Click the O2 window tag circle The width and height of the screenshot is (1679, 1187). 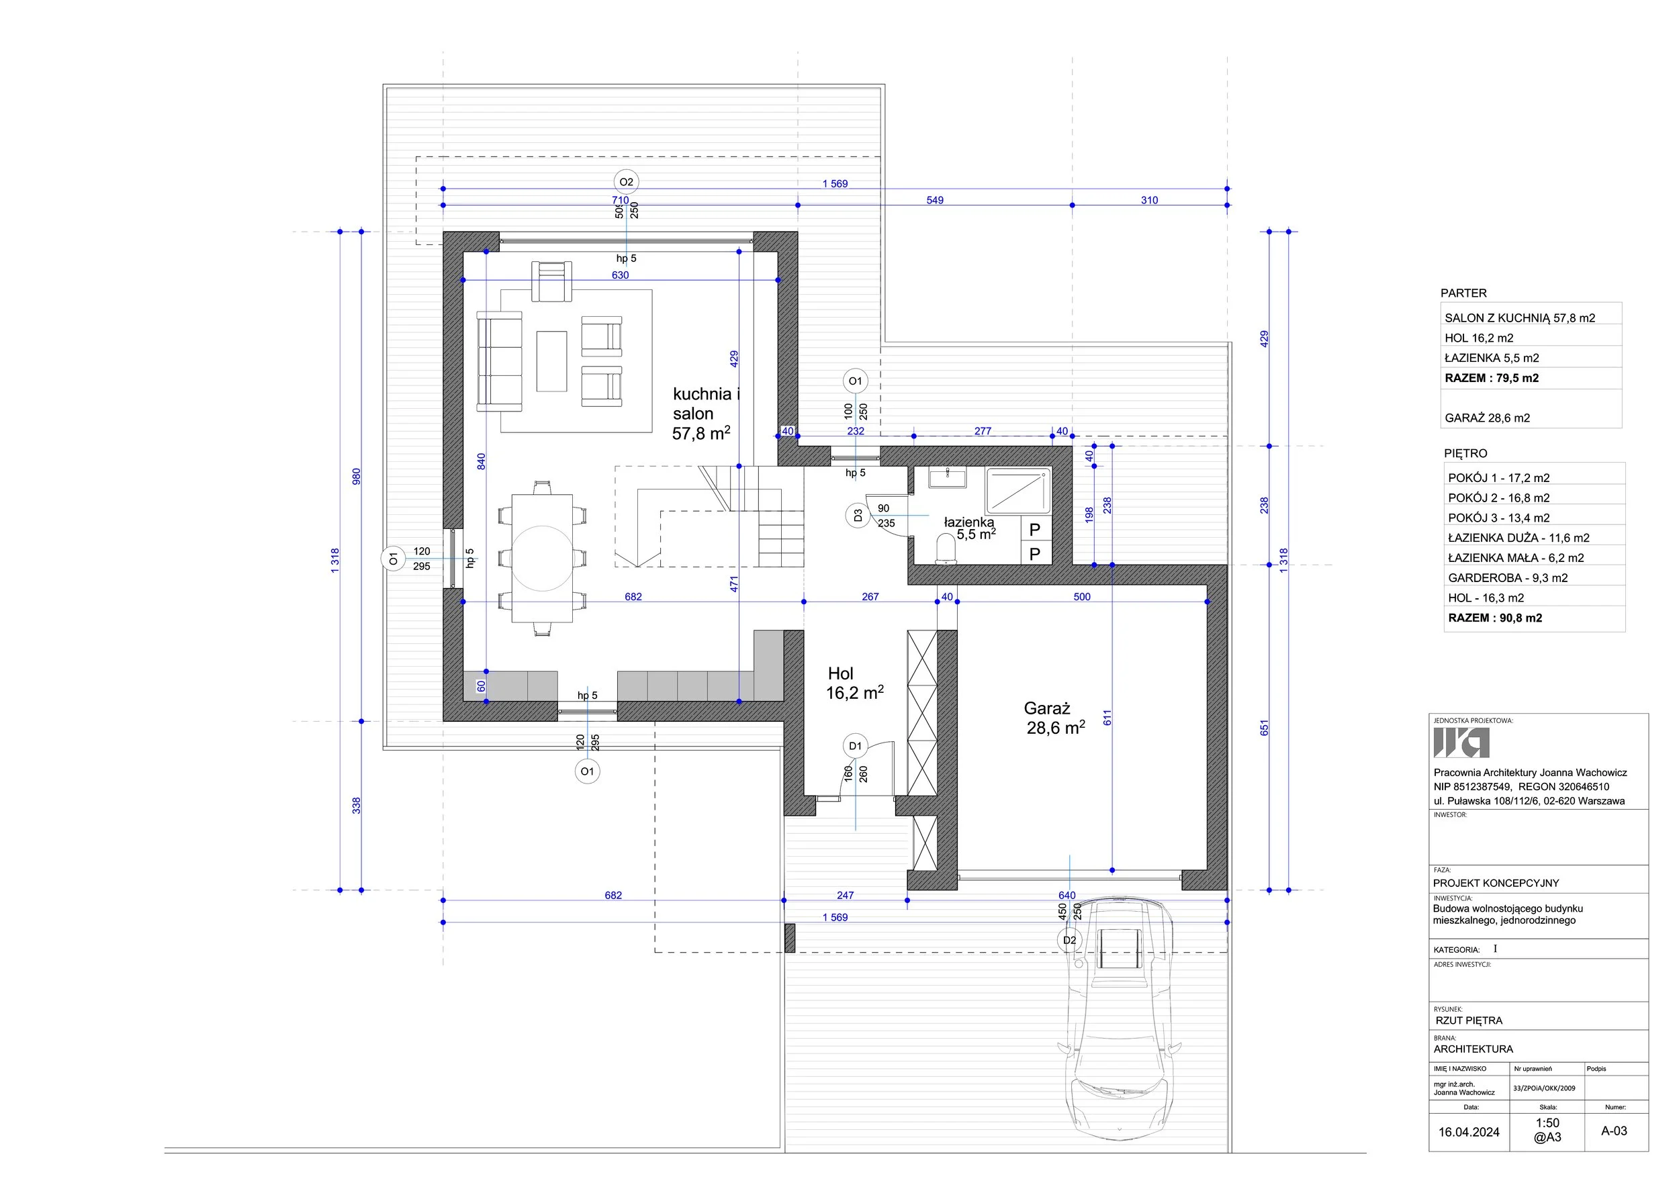626,182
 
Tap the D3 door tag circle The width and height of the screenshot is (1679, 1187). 858,516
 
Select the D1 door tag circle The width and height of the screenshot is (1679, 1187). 855,747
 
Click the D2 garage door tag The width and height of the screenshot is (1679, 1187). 1070,940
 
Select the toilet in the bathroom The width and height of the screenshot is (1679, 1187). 946,549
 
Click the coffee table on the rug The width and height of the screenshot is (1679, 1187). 552,361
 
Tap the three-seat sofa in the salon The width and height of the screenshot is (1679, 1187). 500,361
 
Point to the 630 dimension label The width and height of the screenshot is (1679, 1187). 620,275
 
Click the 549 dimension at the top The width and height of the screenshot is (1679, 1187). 935,199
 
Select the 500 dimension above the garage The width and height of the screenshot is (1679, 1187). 1082,596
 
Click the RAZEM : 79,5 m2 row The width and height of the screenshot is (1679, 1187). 1492,378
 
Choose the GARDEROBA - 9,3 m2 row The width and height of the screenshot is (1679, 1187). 1508,577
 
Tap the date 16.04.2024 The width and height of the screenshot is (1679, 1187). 1469,1131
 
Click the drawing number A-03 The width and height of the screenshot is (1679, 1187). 1614,1131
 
